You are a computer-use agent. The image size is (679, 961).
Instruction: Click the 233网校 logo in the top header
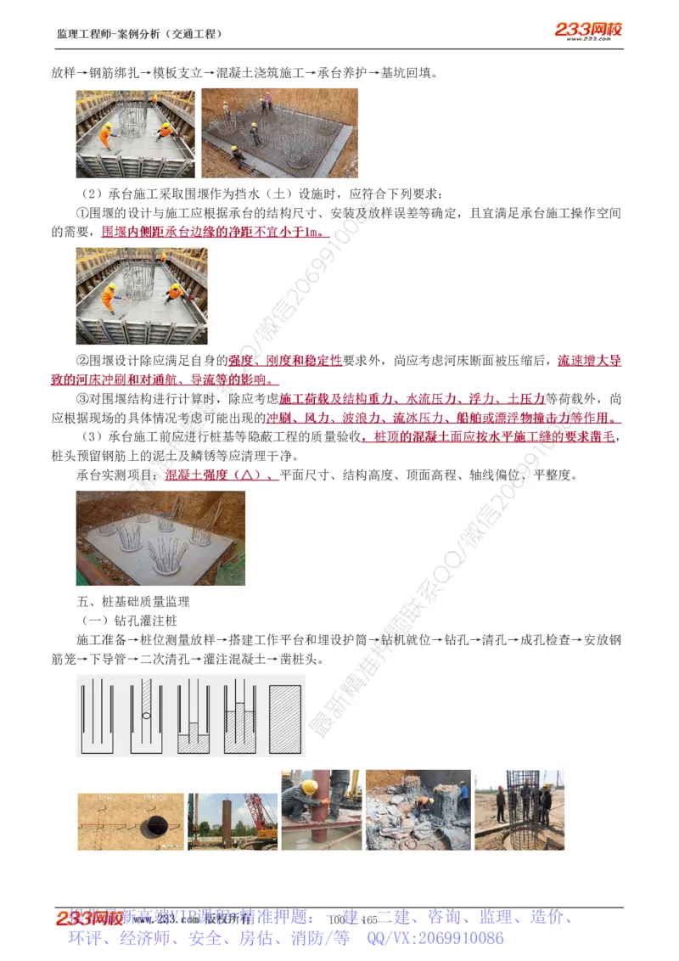coord(588,31)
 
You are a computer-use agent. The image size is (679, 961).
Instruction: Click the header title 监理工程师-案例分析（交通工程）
coord(139,34)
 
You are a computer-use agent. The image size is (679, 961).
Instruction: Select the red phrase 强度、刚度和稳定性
coord(285,361)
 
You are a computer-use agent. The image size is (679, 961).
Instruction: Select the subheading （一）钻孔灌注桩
coord(127,621)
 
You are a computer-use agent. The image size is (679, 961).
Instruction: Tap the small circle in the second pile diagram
coord(147,716)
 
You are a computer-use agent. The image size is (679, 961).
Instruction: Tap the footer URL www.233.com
coord(154,920)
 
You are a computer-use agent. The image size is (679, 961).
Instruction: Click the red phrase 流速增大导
coord(589,361)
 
